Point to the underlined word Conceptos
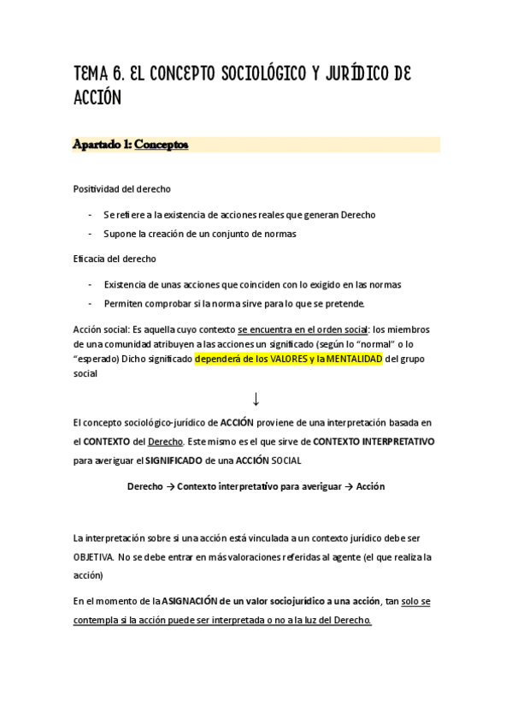(162, 145)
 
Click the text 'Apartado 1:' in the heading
(103, 145)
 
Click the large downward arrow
(256, 398)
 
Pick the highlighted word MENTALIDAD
(351, 360)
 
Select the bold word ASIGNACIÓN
(197, 602)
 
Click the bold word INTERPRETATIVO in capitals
(392, 442)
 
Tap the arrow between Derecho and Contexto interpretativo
(170, 486)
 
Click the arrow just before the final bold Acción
(348, 486)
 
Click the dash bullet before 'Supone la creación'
(90, 233)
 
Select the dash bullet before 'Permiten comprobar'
(90, 303)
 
